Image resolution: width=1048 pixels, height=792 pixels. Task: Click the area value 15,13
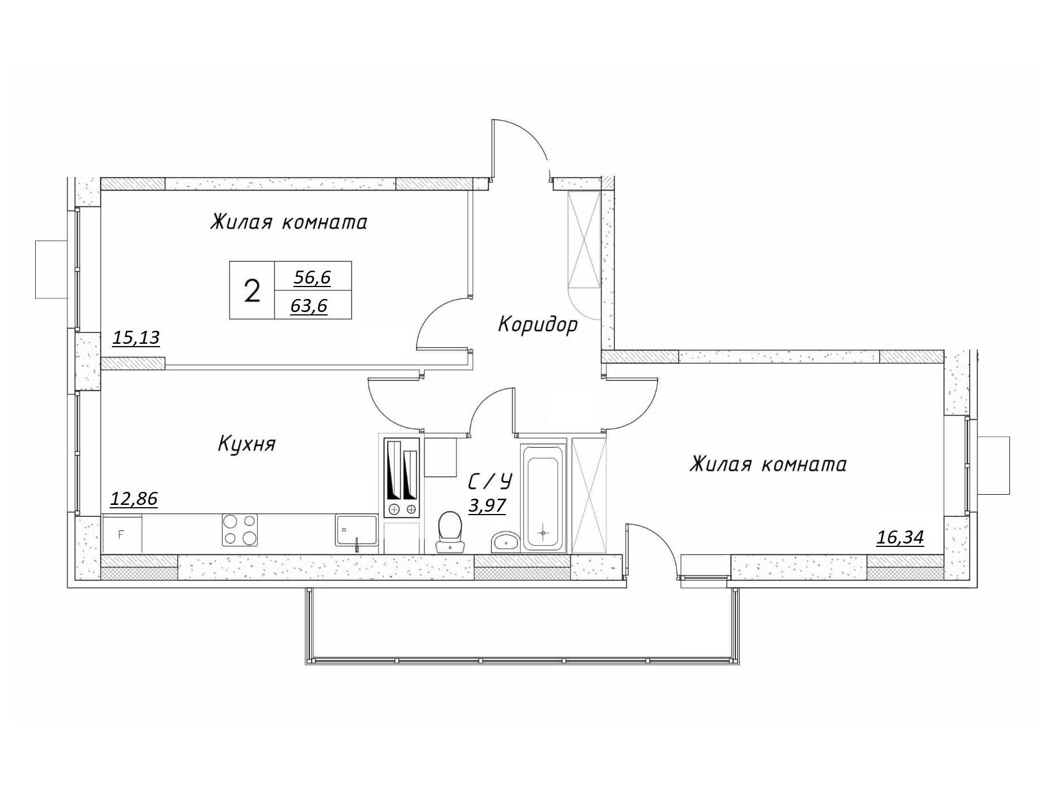coord(136,338)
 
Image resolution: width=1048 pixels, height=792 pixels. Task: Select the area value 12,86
coord(133,499)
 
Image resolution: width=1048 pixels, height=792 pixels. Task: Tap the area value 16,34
coord(900,537)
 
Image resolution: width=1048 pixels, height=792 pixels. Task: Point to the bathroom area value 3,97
coord(487,505)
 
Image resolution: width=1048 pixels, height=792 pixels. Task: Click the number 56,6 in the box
coord(312,277)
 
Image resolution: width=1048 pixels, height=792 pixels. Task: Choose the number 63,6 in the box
coord(309,306)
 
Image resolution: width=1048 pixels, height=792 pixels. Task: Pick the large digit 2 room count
coord(252,291)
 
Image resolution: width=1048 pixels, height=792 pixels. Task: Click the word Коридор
coord(538,325)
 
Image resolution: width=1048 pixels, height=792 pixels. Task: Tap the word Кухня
coord(246,444)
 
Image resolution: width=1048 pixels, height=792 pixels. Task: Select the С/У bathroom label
coord(490,481)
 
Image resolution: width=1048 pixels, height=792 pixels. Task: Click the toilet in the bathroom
coord(450,532)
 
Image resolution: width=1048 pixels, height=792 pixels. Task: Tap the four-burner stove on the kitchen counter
coord(239,529)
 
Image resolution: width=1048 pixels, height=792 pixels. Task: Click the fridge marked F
coord(122,533)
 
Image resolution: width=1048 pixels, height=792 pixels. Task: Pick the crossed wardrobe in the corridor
coord(584,239)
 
